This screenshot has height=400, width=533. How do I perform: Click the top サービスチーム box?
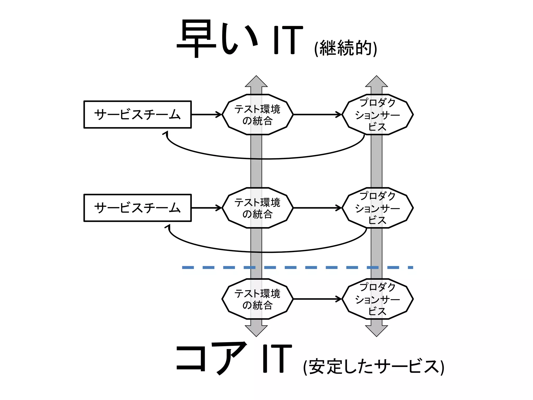137,115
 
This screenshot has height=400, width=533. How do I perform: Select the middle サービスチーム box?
137,208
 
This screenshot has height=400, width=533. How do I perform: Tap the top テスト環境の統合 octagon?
257,115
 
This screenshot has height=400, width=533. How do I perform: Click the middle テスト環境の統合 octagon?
257,208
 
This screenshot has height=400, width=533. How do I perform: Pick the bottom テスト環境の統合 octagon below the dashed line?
257,299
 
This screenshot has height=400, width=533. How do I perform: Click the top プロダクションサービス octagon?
377,115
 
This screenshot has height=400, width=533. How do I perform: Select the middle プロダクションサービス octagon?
377,208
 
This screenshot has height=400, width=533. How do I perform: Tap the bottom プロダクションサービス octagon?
377,299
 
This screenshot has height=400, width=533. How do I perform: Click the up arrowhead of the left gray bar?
256,82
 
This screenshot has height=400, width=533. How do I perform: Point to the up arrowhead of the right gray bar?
376,82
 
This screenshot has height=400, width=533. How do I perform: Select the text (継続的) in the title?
346,48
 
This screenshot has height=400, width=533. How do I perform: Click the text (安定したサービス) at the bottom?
373,367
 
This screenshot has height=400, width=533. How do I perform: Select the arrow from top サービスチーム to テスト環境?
206,115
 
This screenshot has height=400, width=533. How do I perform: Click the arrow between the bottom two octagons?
317,299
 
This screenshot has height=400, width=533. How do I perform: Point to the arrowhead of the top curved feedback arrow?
166,133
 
